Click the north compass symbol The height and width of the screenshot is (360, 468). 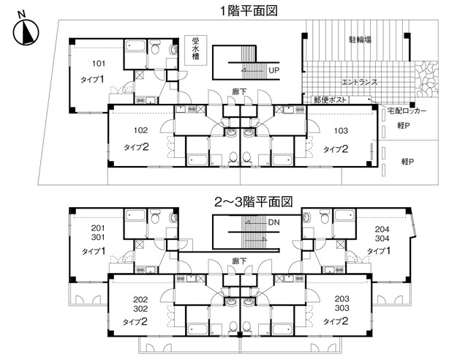pyautogui.click(x=26, y=31)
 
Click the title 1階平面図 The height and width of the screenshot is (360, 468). pyautogui.click(x=249, y=11)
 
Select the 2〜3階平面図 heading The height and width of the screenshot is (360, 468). pyautogui.click(x=254, y=202)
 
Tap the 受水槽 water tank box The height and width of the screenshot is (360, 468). pyautogui.click(x=195, y=50)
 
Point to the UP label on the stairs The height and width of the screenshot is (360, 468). pyautogui.click(x=273, y=70)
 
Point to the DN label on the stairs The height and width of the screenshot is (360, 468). pyautogui.click(x=273, y=222)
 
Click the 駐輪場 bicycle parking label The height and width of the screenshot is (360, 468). pyautogui.click(x=360, y=40)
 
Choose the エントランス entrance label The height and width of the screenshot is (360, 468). pyautogui.click(x=359, y=82)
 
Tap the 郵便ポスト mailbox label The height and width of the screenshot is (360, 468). pyautogui.click(x=330, y=100)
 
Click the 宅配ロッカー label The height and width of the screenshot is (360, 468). pyautogui.click(x=407, y=110)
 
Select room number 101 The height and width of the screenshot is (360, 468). pyautogui.click(x=99, y=64)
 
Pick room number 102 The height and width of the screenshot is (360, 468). pyautogui.click(x=140, y=130)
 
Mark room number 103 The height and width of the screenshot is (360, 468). pyautogui.click(x=341, y=131)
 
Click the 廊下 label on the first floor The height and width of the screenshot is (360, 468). pyautogui.click(x=239, y=91)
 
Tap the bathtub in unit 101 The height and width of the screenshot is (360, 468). pyautogui.click(x=135, y=46)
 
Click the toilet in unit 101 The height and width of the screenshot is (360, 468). pyautogui.click(x=154, y=47)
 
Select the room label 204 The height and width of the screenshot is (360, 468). pyautogui.click(x=382, y=229)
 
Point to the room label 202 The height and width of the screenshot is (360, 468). pyautogui.click(x=140, y=300)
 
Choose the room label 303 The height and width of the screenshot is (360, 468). pyautogui.click(x=341, y=308)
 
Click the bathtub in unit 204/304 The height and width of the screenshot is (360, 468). pyautogui.click(x=344, y=216)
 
